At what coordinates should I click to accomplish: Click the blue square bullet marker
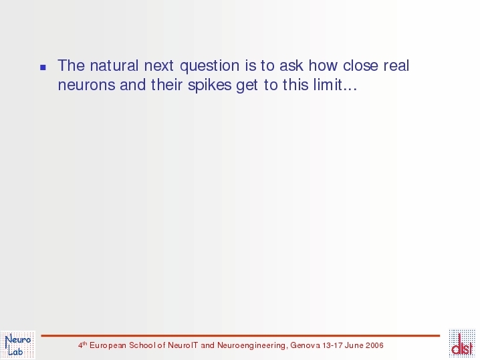pos(43,67)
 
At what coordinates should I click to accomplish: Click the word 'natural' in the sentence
pos(114,65)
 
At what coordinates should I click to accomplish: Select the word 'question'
pos(210,66)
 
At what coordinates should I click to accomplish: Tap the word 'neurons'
pos(87,85)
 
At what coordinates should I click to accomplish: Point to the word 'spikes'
pos(210,85)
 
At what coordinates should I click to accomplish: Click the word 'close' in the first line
pos(360,65)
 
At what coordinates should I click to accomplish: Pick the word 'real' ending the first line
pos(396,65)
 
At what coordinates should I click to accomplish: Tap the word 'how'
pos(323,65)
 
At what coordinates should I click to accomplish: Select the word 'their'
pos(167,84)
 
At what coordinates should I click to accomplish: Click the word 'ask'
pos(291,65)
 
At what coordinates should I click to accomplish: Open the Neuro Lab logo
pos(18,345)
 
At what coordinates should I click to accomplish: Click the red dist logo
pos(462,343)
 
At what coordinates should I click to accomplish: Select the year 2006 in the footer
pos(374,345)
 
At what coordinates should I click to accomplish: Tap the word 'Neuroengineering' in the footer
pos(251,345)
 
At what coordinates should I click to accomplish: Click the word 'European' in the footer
pos(108,345)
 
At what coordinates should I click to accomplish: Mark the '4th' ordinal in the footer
pos(83,345)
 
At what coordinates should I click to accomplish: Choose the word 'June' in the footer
pos(354,345)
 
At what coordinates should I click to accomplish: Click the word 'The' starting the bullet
pos(71,65)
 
